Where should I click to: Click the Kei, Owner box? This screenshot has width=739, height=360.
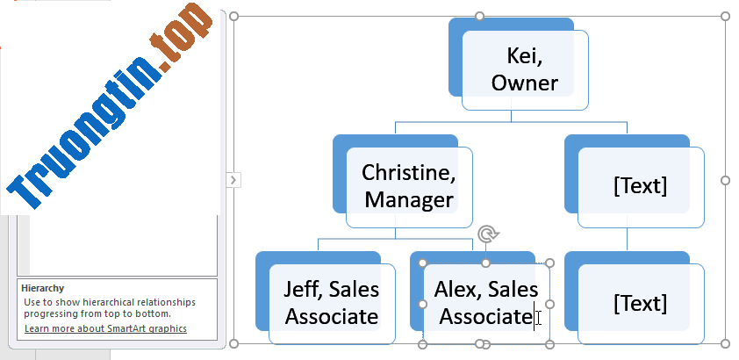(x=525, y=70)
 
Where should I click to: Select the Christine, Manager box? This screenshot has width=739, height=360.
(x=409, y=187)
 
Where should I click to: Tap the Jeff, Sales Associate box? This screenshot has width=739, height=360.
(x=332, y=304)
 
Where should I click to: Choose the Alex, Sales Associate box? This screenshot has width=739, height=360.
(x=486, y=304)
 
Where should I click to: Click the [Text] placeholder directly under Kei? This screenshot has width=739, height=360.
(x=641, y=187)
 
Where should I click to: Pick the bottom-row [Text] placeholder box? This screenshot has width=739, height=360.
(x=641, y=304)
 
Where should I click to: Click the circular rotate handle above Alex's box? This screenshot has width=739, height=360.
(x=487, y=234)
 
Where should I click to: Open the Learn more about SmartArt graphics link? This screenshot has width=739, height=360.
(x=105, y=328)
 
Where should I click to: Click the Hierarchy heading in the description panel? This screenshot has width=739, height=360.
(x=42, y=288)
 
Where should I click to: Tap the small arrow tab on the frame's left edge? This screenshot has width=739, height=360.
(x=233, y=180)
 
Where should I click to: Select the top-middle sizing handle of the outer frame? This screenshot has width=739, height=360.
(x=479, y=17)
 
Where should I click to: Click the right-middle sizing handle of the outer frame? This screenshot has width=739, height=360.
(x=725, y=180)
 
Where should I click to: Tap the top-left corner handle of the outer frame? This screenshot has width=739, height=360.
(x=233, y=17)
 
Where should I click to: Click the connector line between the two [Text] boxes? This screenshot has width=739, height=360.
(x=627, y=240)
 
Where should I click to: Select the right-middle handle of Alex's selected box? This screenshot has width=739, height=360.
(x=549, y=304)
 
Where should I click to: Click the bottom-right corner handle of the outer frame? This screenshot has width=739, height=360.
(x=725, y=344)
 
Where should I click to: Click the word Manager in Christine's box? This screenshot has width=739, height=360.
(x=409, y=200)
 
